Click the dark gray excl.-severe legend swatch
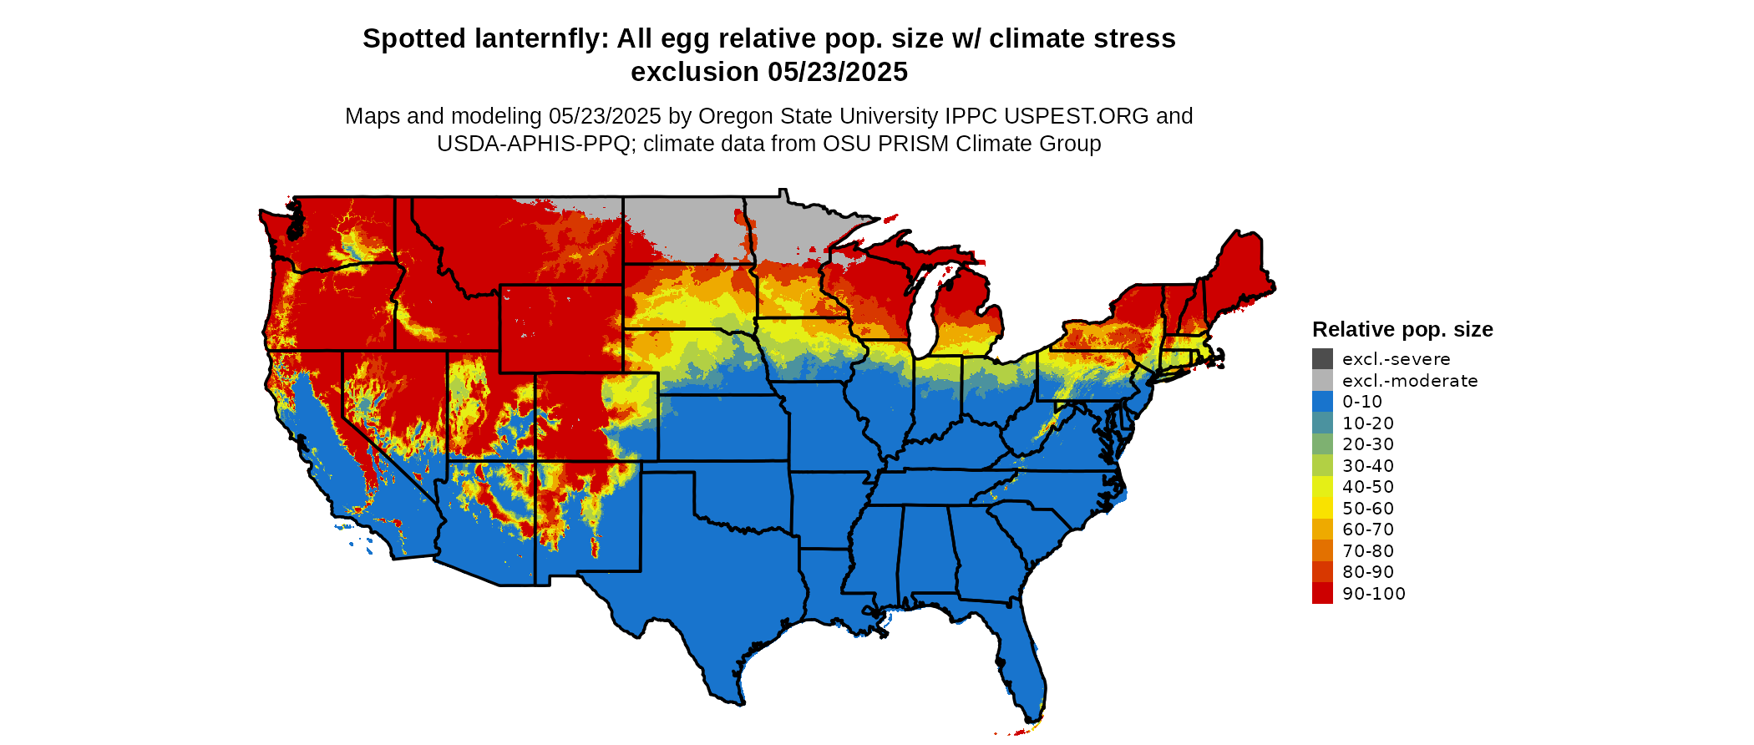[x=1322, y=359]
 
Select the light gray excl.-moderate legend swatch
[x=1322, y=381]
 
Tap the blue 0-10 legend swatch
[x=1322, y=402]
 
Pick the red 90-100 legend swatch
[x=1322, y=593]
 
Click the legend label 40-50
[x=1368, y=487]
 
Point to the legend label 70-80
[x=1368, y=551]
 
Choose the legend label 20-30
[x=1368, y=444]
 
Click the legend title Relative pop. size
[x=1402, y=329]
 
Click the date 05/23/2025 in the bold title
[x=838, y=73]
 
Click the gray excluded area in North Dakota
[x=681, y=226]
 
